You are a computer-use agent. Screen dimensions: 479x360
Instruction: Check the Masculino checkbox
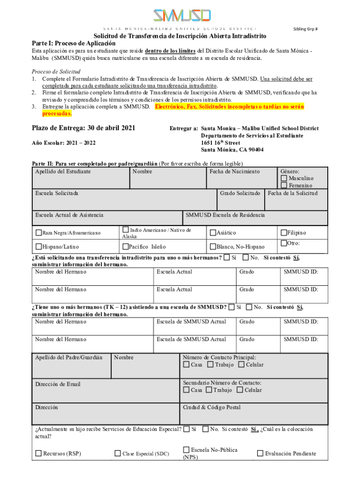pyautogui.click(x=284, y=178)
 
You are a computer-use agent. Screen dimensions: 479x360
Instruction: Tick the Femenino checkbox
pyautogui.click(x=284, y=186)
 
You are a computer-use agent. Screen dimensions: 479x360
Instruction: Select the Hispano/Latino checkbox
pyautogui.click(x=38, y=247)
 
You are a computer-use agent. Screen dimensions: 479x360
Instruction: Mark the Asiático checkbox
pyautogui.click(x=213, y=232)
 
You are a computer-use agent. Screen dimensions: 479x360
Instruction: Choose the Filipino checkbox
pyautogui.click(x=284, y=232)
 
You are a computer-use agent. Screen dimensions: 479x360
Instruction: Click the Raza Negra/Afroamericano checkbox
pyautogui.click(x=38, y=232)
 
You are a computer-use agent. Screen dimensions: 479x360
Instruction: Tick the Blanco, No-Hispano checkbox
pyautogui.click(x=213, y=247)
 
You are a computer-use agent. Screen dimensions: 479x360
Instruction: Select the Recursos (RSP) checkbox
pyautogui.click(x=38, y=453)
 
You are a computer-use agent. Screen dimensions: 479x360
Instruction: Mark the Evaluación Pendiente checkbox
pyautogui.click(x=260, y=453)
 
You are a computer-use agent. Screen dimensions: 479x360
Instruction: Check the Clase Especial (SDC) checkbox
pyautogui.click(x=118, y=453)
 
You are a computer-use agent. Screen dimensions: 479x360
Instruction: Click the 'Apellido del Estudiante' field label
pyautogui.click(x=63, y=172)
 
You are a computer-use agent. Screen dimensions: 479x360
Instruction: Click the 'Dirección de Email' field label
pyautogui.click(x=58, y=384)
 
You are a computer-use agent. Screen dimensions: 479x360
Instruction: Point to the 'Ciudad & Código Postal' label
pyautogui.click(x=212, y=407)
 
